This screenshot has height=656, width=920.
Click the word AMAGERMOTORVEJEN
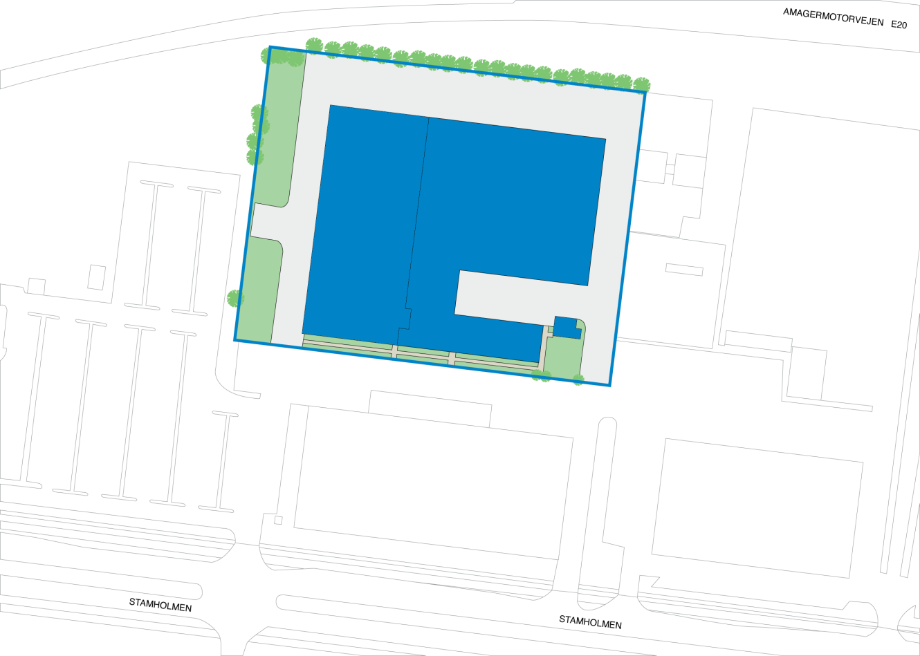coord(833,17)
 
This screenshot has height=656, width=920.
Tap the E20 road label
coord(899,25)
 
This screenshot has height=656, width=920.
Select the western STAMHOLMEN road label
coord(160,605)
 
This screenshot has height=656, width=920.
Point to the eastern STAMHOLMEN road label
coord(590,621)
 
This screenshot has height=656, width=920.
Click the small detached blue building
coord(567,327)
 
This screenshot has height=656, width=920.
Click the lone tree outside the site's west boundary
coord(235,299)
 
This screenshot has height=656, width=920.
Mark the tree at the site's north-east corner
coord(641,84)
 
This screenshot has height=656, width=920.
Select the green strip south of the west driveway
coord(260,290)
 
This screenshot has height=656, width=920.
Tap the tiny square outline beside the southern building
coord(278,520)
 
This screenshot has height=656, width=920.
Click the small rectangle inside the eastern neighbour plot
coord(684,270)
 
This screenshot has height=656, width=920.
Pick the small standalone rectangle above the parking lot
coord(97,277)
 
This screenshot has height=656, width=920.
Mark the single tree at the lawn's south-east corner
coord(578,379)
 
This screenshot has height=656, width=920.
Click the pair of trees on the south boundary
coord(541,375)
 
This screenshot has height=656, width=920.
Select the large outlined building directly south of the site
coord(433,482)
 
